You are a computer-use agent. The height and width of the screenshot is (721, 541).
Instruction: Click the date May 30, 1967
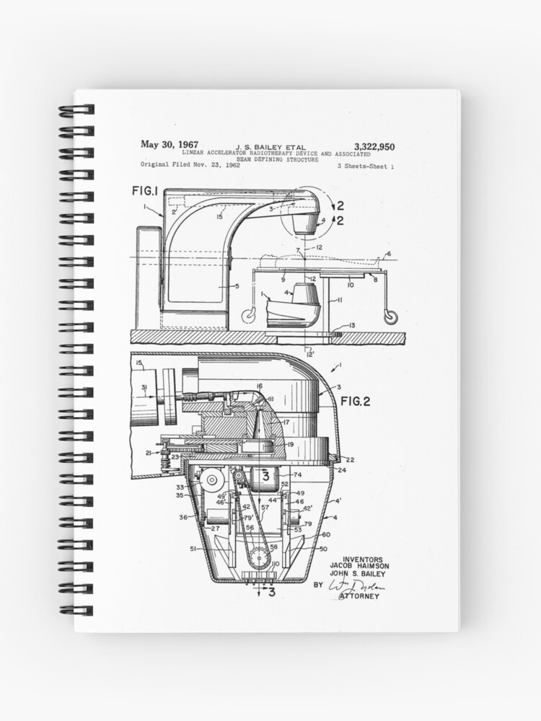point(170,145)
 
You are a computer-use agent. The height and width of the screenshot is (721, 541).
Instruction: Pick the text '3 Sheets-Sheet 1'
point(366,167)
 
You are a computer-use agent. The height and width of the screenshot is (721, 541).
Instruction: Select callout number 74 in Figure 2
point(297,475)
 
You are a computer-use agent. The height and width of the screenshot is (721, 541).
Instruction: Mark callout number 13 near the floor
point(351,326)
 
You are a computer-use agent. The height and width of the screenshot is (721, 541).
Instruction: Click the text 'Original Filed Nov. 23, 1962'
point(190,164)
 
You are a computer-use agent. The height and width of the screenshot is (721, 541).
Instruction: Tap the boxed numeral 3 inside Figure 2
point(265,477)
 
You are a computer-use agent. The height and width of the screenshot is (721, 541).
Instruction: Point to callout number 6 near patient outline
point(388,254)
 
